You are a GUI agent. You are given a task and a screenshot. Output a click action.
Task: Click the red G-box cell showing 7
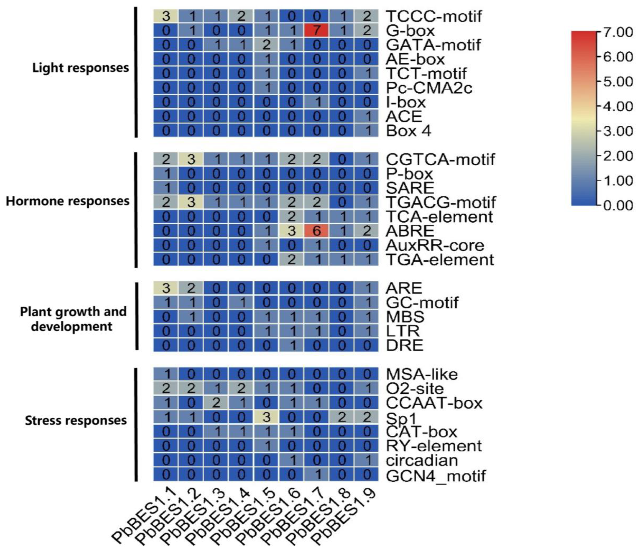316,31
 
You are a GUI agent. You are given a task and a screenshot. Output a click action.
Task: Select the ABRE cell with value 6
316,231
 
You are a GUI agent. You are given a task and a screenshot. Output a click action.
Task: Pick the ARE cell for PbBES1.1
166,288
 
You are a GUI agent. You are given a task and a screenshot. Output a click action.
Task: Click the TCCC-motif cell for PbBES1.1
166,16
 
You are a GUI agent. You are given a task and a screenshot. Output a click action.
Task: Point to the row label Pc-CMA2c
429,88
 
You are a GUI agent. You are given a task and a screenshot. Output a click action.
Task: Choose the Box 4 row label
408,131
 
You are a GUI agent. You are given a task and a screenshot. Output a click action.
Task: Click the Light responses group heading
81,68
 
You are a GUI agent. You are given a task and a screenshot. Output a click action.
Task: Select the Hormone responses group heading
67,201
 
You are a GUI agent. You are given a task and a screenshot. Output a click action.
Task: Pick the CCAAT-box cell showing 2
216,403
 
